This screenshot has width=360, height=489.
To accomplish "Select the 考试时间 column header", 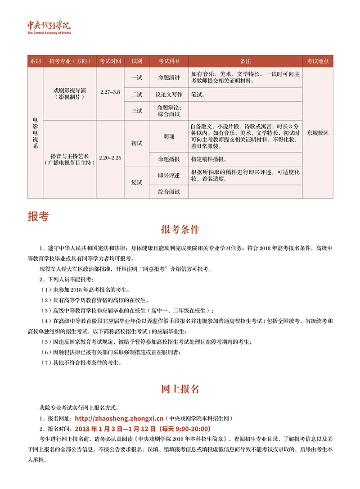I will coord(110,61).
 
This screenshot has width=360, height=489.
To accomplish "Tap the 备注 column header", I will coord(245,61).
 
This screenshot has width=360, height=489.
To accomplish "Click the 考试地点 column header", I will coord(318,61).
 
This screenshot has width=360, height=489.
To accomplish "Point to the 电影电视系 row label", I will coord(36,133).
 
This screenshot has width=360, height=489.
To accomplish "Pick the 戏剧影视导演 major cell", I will coord(70,93).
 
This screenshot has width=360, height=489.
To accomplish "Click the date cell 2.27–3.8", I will coord(110,92).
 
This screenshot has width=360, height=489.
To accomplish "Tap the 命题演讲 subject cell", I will coord(169,77).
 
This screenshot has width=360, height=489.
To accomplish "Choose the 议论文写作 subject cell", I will coord(169,95).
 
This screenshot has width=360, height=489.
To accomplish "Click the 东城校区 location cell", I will coord(318,133).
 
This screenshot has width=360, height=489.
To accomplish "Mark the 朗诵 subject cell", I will coord(169,136).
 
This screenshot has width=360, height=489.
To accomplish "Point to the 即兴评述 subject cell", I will coord(169,175).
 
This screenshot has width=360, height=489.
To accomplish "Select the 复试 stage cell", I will coord(137,182).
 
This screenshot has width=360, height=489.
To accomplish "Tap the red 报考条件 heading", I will coord(180,229).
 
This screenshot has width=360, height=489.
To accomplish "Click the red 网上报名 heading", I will coord(180,389).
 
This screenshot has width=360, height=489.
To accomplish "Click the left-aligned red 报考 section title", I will coord(38,216).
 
